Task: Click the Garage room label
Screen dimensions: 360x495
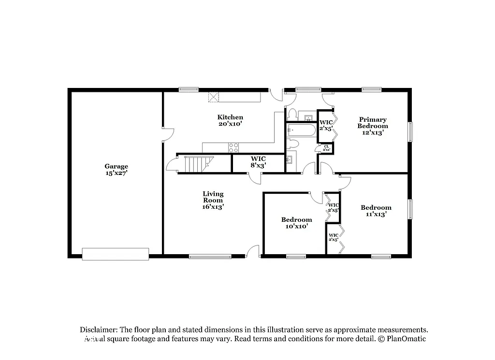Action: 116,169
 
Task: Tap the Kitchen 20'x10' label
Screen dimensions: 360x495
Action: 230,120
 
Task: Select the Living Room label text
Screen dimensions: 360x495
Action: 213,200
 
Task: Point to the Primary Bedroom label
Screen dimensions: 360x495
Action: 373,126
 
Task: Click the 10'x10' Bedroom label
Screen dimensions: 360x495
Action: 297,222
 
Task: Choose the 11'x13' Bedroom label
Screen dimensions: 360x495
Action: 376,211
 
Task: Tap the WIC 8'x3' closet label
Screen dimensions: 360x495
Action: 258,162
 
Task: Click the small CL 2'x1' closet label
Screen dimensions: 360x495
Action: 326,148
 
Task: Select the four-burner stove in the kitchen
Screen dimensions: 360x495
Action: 234,147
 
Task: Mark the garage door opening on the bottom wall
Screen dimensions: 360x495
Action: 116,254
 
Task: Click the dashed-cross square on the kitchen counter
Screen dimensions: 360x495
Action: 214,97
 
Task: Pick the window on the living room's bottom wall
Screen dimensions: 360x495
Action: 204,257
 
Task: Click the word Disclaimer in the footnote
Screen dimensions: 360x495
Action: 98,329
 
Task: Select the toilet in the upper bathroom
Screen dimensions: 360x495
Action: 291,115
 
